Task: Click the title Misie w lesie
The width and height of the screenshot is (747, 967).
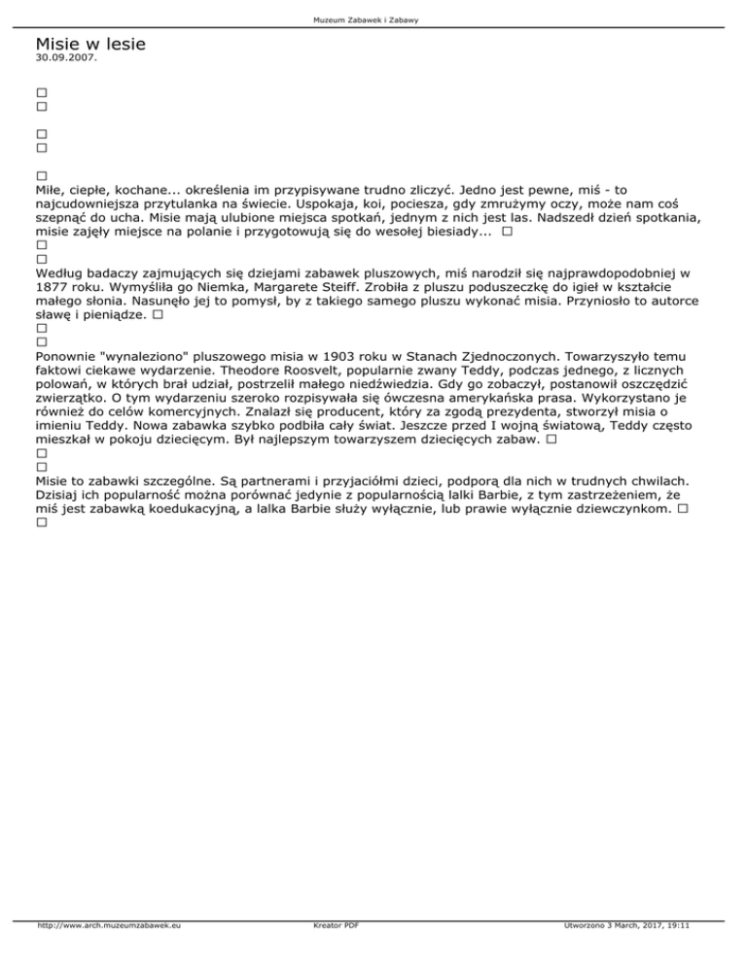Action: pos(90,44)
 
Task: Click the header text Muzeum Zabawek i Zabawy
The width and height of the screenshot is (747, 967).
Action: pos(373,20)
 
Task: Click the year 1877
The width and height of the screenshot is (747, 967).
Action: pos(53,289)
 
